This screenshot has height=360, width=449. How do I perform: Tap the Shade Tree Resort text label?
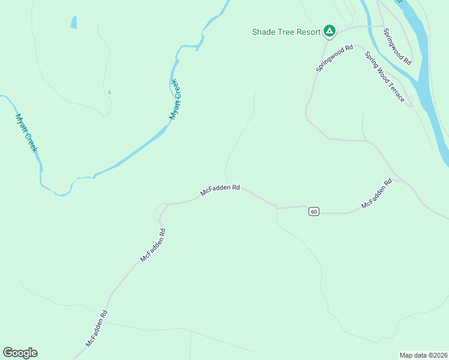pos(286,32)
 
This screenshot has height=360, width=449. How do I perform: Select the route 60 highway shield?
pos(314,212)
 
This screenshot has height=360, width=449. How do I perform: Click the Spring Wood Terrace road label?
pos(385,76)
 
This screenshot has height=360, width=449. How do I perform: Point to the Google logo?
pos(20,353)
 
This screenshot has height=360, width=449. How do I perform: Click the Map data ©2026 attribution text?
pos(423,355)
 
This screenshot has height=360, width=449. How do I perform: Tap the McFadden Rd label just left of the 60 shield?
pos(220,190)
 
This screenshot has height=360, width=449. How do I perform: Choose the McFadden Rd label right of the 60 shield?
pos(376,194)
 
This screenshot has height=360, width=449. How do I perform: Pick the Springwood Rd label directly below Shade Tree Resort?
pos(335,59)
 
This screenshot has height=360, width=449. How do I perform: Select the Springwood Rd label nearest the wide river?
pos(397,47)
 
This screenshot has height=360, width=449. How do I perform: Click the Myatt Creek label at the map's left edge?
pos(26,133)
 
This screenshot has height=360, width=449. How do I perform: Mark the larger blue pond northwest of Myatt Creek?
pos(74,23)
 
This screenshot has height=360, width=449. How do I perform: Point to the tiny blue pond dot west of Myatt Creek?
pos(109,92)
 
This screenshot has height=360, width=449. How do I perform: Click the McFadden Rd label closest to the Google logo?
pos(96,328)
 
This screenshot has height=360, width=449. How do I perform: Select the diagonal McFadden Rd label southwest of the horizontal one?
pos(152,244)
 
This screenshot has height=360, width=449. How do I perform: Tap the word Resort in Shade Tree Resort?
pos(307,32)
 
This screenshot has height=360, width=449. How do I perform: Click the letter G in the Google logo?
pos(8,353)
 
